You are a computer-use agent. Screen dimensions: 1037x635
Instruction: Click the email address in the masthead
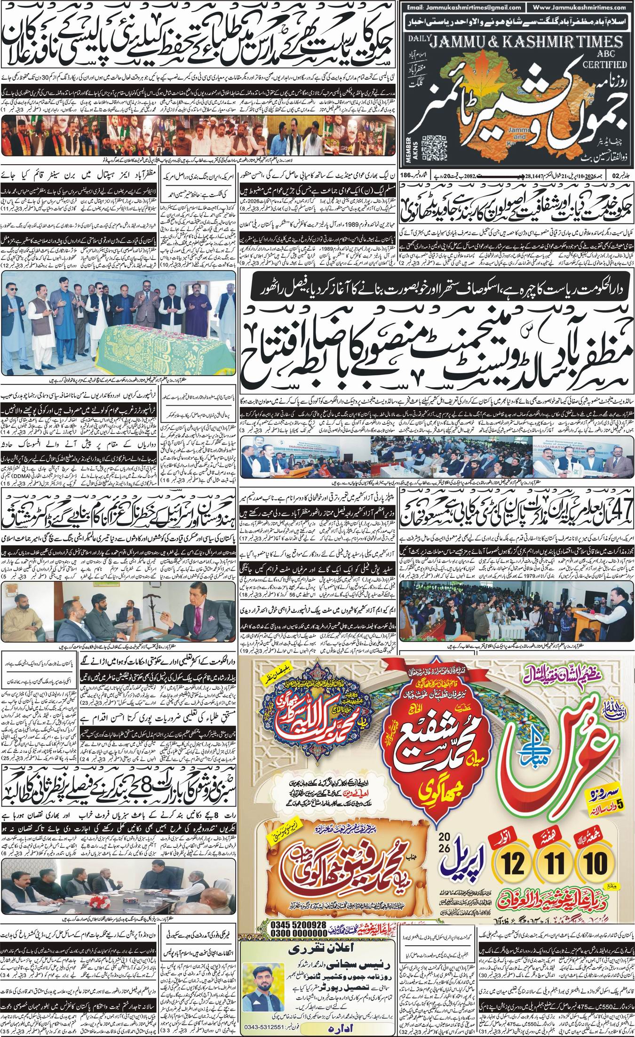(460, 8)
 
